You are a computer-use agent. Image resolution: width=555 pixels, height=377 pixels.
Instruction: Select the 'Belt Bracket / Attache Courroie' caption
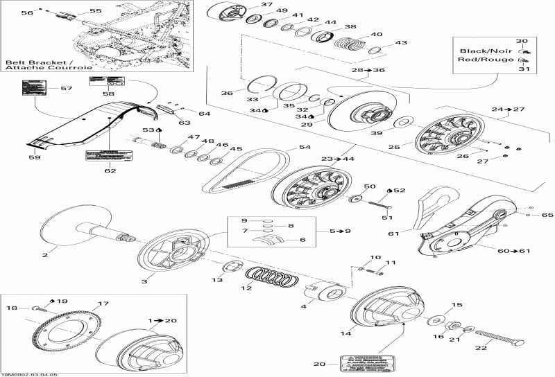tap(33, 67)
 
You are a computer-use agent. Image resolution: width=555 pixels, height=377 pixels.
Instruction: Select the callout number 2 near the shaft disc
tap(45, 255)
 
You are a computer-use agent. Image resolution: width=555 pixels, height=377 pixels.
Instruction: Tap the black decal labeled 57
tap(34, 89)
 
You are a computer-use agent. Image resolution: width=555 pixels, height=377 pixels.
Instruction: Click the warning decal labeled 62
tap(101, 155)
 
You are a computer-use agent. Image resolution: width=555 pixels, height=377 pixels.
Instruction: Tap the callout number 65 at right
tap(547, 216)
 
